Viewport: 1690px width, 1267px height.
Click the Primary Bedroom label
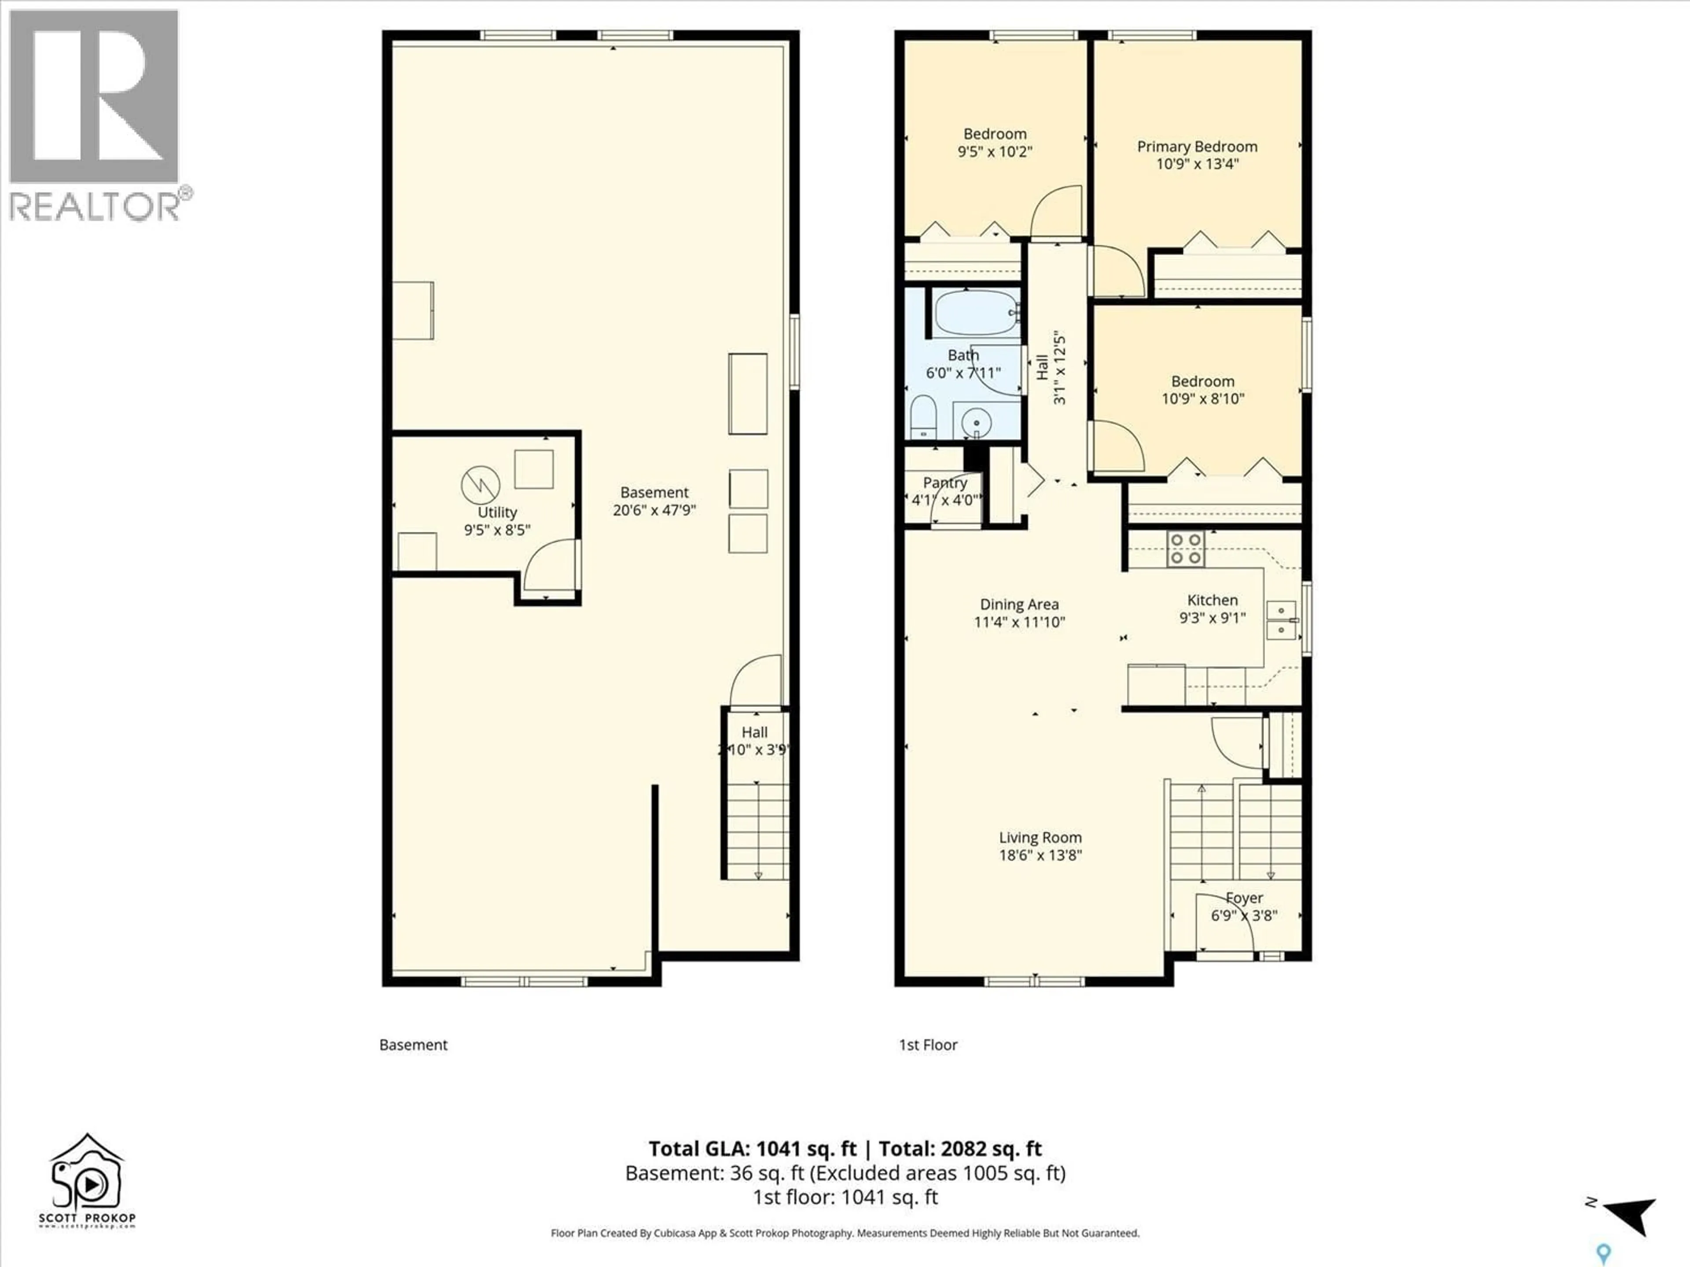tap(1197, 146)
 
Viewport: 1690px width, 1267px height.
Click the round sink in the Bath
tap(976, 421)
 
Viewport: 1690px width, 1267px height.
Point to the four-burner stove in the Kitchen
tap(1185, 548)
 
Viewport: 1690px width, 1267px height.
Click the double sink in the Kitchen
tap(1281, 619)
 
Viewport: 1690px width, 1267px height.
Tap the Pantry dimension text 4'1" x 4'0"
tap(945, 500)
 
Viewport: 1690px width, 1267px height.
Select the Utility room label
tap(496, 513)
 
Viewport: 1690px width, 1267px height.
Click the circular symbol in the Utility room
tap(481, 484)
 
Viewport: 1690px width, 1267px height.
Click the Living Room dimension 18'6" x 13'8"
tap(1040, 855)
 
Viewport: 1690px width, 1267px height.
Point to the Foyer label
tap(1244, 898)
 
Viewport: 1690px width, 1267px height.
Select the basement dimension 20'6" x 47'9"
tap(654, 510)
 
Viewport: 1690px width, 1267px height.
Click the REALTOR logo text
tap(95, 206)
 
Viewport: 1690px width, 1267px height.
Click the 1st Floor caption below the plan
tap(927, 1045)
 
